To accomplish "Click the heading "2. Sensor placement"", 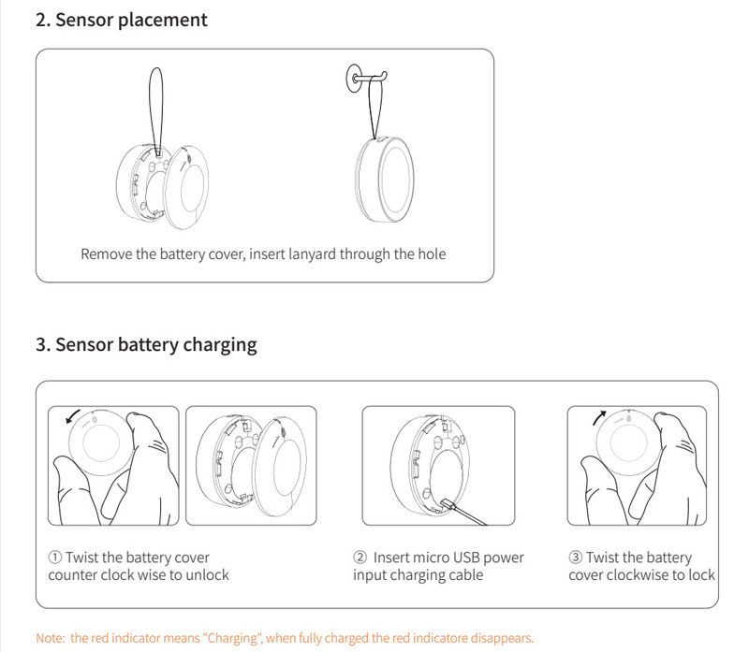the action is (x=122, y=20).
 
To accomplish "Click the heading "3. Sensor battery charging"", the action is (x=146, y=344).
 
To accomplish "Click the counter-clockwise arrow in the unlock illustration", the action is (x=73, y=416).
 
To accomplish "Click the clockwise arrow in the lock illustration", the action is (x=599, y=417).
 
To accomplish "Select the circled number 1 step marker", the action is (x=55, y=557).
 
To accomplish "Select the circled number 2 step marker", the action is (x=360, y=557).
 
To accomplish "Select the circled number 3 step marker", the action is (x=575, y=557).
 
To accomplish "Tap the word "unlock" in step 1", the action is (x=207, y=574).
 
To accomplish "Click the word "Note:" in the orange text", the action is (x=51, y=638).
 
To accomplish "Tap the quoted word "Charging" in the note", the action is (x=232, y=639).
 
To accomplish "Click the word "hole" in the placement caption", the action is (x=432, y=254).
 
